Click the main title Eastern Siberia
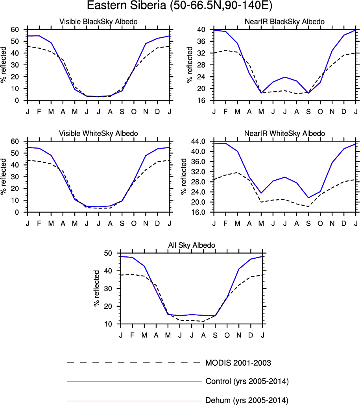coord(180,6)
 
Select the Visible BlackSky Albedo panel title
coord(98,22)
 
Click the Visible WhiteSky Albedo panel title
coord(98,133)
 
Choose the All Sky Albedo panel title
coord(192,245)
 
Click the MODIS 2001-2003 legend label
coord(238,363)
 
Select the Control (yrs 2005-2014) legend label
coord(247,381)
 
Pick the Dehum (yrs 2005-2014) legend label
coord(247,401)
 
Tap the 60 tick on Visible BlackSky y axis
coord(15,29)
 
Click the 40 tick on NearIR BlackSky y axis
coord(201,29)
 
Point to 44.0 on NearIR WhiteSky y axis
coord(198,141)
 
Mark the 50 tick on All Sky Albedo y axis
coord(108,253)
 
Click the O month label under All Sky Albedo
coord(227,335)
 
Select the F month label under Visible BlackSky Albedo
coord(39,112)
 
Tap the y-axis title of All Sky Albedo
coord(97,289)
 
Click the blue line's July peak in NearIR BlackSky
coord(285,77)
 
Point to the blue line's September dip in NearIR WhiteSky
coord(308,197)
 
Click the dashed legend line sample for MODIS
coord(134,363)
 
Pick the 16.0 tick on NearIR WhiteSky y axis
coord(198,212)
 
